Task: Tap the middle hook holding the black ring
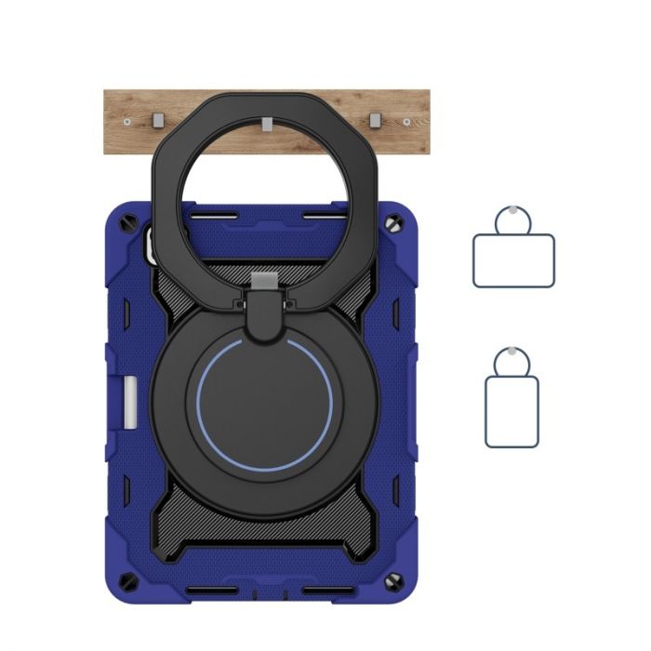[267, 124]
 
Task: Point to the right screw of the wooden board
[407, 122]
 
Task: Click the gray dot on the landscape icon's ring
[513, 209]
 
